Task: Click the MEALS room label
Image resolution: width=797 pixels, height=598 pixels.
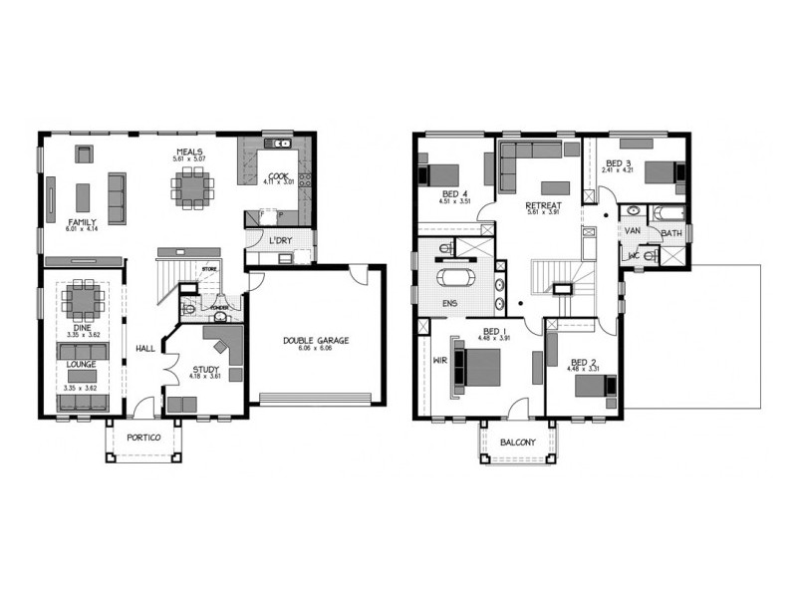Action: coord(189,150)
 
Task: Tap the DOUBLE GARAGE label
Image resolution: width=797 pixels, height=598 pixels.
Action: coord(315,340)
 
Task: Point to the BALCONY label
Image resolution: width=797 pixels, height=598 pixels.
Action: coord(518,443)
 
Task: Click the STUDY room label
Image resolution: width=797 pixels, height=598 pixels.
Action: coord(206,369)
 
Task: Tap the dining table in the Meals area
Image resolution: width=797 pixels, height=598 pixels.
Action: coord(189,185)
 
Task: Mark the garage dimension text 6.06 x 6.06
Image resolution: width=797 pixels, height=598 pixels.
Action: coord(315,349)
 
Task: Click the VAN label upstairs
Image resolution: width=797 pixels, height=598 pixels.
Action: coord(632,230)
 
